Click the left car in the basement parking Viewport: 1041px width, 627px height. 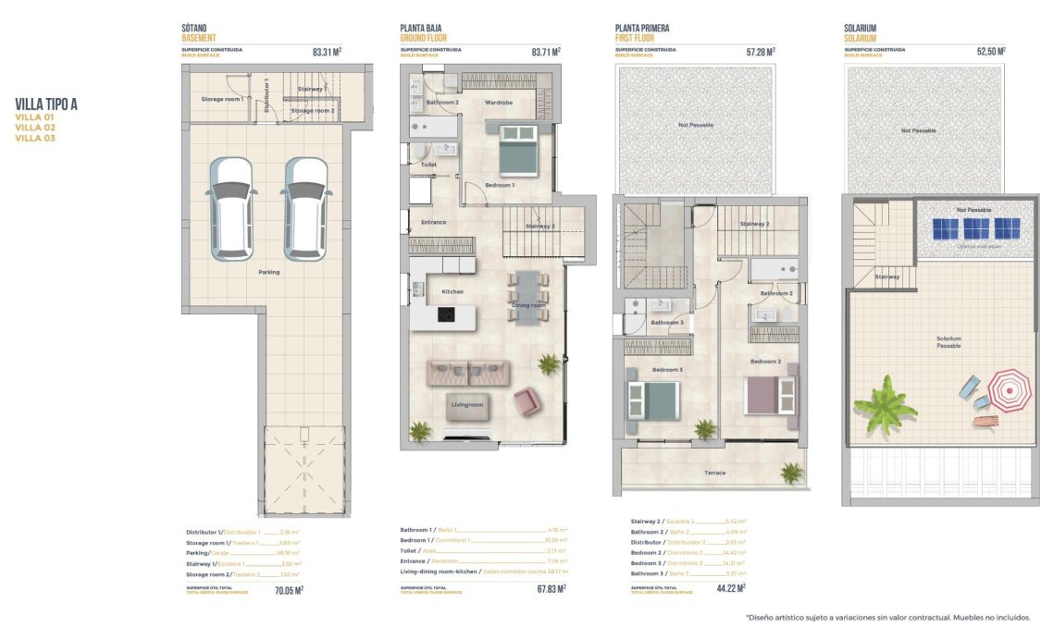coord(231,208)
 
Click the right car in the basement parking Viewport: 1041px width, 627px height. coord(305,208)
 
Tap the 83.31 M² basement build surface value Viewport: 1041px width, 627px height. coord(328,53)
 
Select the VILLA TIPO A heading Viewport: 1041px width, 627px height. coord(46,104)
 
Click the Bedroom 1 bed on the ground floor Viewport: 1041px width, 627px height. coord(517,150)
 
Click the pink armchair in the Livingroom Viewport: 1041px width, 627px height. coord(527,400)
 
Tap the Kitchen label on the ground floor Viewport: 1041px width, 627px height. coord(452,291)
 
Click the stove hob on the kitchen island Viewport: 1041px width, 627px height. coord(446,315)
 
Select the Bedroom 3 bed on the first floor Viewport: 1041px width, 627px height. coord(652,400)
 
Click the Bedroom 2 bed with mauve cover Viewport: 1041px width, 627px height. coord(770,395)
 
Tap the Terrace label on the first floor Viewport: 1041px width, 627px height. coord(714,473)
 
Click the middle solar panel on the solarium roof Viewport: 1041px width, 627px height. coord(975,228)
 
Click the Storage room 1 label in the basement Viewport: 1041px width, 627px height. coord(222,98)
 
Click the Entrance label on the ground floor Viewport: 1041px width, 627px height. coord(433,222)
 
